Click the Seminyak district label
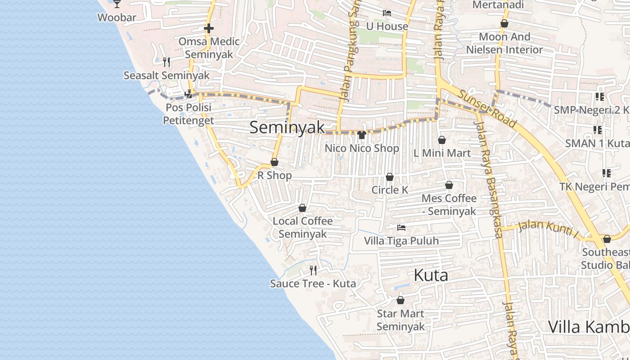287,127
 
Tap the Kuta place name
431,275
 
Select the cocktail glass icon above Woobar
117,4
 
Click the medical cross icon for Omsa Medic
208,28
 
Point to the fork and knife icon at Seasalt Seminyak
166,62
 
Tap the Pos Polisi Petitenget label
188,114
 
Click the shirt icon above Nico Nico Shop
362,135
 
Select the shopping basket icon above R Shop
274,162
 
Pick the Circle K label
390,190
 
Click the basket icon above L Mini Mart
442,140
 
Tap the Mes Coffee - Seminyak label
449,205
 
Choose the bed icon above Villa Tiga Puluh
401,228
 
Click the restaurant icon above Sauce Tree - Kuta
313,270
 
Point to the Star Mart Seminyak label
400,320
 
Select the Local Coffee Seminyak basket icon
302,208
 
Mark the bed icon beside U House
387,13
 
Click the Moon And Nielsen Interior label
504,43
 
